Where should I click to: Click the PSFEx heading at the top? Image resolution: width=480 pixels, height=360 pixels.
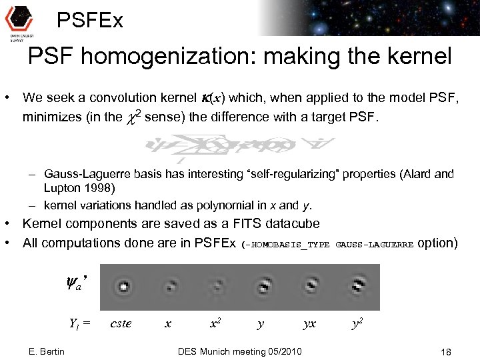pos(90,21)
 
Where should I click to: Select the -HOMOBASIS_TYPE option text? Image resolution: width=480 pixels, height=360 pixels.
pos(287,244)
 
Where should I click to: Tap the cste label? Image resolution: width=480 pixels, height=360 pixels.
pos(121,324)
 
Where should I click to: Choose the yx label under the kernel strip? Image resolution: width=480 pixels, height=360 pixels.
pos(309,324)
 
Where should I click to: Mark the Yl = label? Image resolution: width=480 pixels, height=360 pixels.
pos(79,325)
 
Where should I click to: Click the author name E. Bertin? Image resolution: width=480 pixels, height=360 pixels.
pos(47,351)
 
